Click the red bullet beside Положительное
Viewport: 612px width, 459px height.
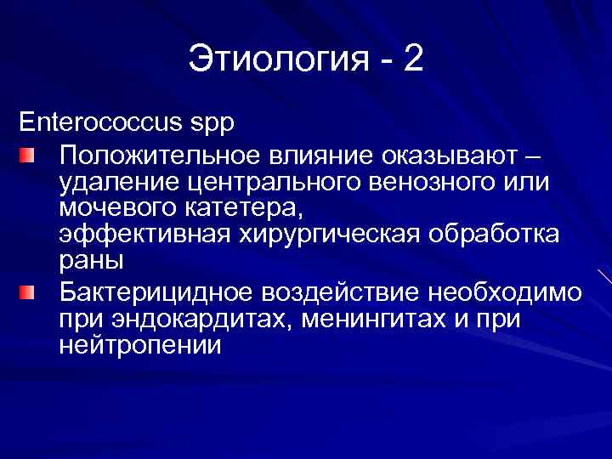(x=28, y=156)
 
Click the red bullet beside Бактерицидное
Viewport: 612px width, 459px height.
(x=28, y=293)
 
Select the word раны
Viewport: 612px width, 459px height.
(x=92, y=259)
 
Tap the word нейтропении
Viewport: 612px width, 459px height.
(x=140, y=345)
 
